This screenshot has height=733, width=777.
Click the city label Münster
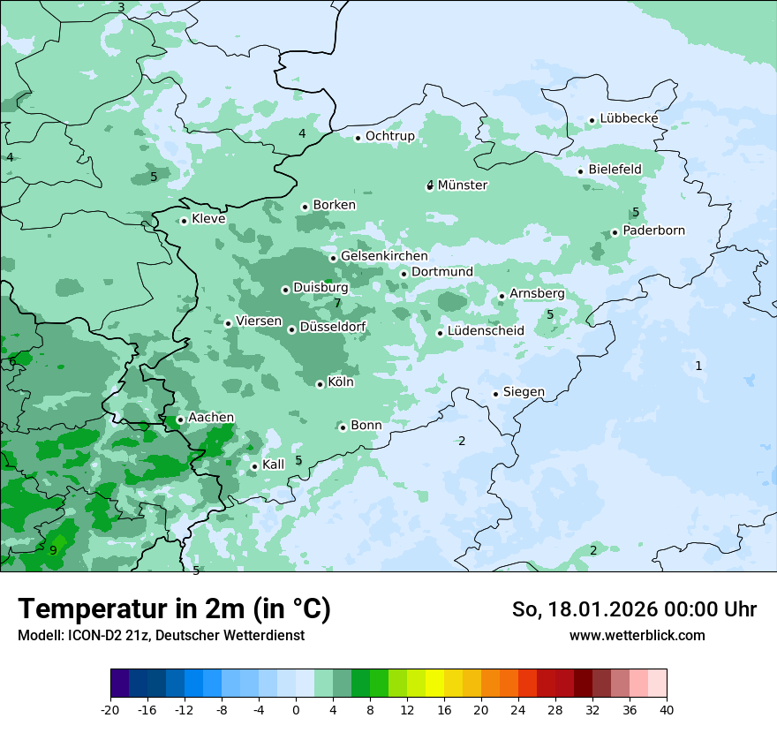(x=463, y=185)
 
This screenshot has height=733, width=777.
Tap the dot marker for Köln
(x=320, y=384)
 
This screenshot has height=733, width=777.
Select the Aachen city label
(x=211, y=418)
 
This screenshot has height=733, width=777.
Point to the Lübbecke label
(x=629, y=118)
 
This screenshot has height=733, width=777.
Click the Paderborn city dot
(x=615, y=232)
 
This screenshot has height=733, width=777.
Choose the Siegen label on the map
(x=524, y=392)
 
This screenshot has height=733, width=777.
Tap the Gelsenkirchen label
(x=384, y=256)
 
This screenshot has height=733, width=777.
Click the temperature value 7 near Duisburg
(x=337, y=304)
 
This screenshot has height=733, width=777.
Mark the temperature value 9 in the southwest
(x=53, y=551)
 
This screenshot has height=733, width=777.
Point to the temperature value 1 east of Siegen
(x=698, y=366)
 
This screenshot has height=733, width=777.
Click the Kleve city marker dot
(x=184, y=221)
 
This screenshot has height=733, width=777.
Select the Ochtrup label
(x=389, y=136)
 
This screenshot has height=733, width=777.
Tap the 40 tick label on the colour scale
(x=666, y=710)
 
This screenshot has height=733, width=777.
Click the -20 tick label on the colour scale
(x=110, y=710)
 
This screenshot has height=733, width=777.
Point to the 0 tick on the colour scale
(x=296, y=710)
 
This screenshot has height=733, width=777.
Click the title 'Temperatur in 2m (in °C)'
(x=174, y=609)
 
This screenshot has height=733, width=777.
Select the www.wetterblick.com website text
(x=637, y=635)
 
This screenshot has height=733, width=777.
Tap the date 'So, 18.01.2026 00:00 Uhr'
(x=634, y=609)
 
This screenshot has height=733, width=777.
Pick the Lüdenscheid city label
(x=486, y=331)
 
